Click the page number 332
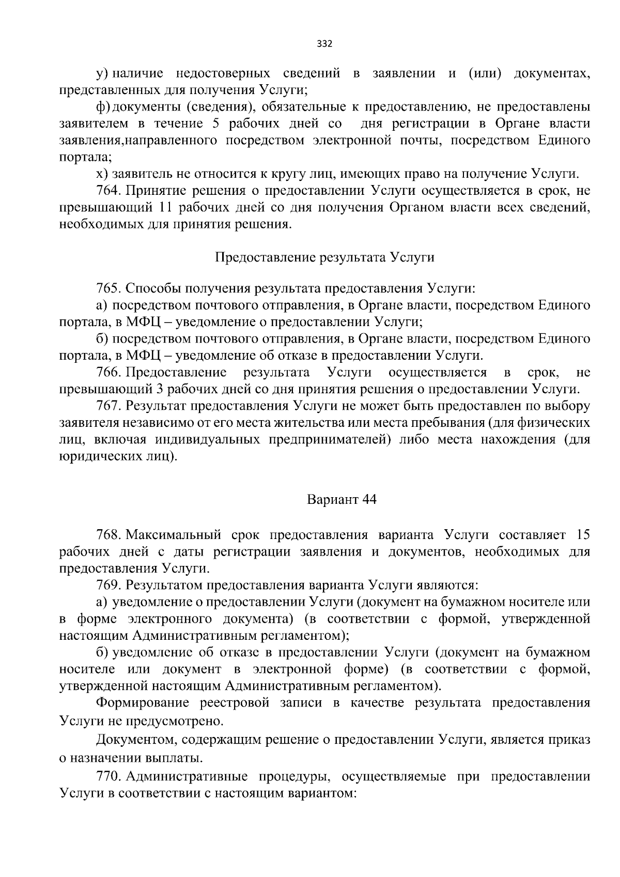click(x=324, y=43)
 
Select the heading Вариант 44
click(x=342, y=500)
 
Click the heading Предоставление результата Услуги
click(x=324, y=257)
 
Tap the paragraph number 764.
click(x=108, y=191)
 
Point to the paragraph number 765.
click(x=108, y=288)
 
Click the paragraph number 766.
click(x=108, y=373)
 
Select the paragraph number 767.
click(x=108, y=406)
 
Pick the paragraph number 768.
click(x=108, y=534)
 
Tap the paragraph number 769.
click(x=108, y=585)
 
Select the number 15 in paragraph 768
click(x=582, y=534)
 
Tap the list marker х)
click(x=102, y=174)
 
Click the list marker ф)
click(x=103, y=107)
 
